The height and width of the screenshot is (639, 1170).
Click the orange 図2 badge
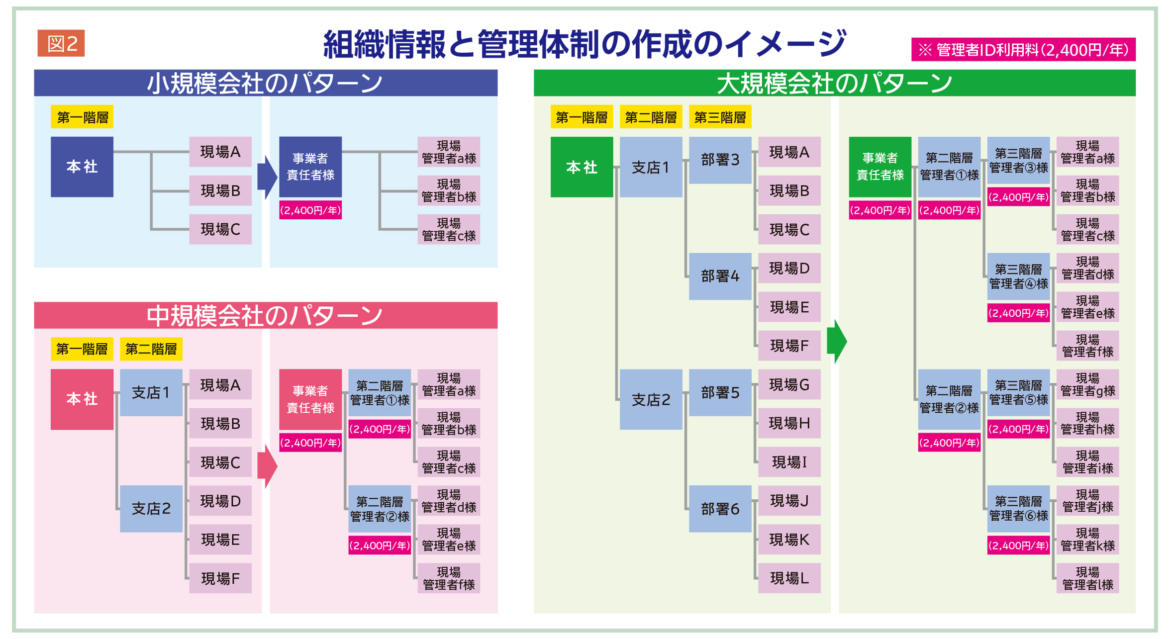(61, 43)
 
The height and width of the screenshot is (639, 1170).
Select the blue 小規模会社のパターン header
(265, 83)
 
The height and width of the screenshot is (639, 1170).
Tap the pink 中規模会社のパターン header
(265, 315)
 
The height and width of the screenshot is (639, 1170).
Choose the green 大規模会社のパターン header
(834, 83)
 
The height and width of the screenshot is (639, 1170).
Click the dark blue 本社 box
(82, 167)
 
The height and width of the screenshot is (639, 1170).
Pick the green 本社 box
(581, 167)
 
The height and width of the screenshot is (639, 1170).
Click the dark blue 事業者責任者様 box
(310, 167)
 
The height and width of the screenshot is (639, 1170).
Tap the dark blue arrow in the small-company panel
(267, 178)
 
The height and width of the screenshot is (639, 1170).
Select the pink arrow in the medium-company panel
(267, 466)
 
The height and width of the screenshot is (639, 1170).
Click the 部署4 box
(719, 276)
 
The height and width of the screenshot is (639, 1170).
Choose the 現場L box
(789, 578)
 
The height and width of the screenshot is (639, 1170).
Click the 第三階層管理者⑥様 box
(1018, 509)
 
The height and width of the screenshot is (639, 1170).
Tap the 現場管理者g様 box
(1087, 384)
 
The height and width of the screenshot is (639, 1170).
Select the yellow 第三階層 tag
(719, 117)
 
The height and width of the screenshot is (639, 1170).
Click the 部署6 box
(719, 509)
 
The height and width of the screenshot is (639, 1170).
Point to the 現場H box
(789, 423)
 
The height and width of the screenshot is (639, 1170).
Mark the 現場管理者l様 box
(1087, 578)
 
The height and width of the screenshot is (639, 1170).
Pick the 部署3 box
(719, 160)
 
